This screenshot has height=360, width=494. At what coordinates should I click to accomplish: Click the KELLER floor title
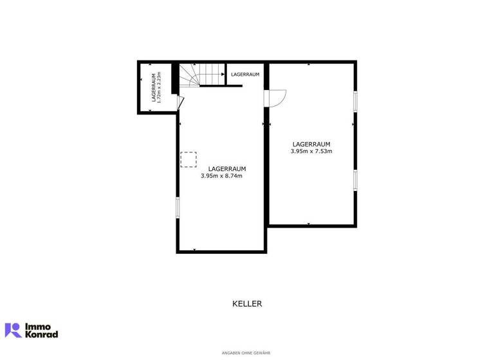247,303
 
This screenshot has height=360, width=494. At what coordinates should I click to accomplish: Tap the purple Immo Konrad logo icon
13,330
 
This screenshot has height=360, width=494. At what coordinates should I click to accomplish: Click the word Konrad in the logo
41,334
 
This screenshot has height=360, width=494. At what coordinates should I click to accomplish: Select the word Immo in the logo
38,326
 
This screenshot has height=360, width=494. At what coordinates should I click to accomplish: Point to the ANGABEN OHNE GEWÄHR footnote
246,353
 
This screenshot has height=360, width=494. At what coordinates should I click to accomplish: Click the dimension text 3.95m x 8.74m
221,175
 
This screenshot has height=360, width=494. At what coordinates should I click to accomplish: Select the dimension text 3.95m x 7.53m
311,151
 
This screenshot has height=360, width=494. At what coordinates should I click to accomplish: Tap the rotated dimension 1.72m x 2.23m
159,87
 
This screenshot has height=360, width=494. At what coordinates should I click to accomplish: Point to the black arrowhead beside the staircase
223,75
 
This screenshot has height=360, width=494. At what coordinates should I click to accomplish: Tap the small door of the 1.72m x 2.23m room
181,103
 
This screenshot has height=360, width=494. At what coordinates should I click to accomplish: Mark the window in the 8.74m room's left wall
178,208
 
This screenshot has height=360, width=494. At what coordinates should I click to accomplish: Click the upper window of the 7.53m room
354,102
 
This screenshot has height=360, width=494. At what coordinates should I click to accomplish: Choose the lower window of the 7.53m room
354,179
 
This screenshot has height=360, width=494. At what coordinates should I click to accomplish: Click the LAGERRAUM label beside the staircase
245,75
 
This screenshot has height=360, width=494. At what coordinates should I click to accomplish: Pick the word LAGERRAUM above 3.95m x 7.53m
311,144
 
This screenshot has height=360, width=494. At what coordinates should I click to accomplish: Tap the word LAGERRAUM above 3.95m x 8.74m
221,168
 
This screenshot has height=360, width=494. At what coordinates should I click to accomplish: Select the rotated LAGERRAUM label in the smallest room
153,87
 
